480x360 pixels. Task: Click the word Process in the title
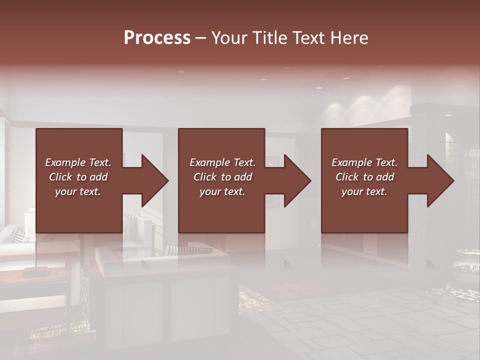(x=157, y=38)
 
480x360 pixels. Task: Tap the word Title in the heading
(x=270, y=38)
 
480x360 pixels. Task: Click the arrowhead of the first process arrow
(x=155, y=180)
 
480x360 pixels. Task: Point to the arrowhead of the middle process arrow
(x=297, y=180)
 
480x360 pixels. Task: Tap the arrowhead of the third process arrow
(x=440, y=180)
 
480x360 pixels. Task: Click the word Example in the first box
(x=65, y=162)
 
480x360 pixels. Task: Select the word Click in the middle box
(x=205, y=177)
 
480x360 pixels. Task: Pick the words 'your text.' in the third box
(x=364, y=191)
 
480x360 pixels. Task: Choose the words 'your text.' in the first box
(x=78, y=191)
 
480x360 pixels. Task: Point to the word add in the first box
(x=98, y=177)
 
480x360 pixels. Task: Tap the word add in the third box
(x=385, y=177)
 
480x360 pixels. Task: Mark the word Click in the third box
(x=347, y=177)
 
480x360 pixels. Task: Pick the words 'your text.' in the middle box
(x=222, y=191)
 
